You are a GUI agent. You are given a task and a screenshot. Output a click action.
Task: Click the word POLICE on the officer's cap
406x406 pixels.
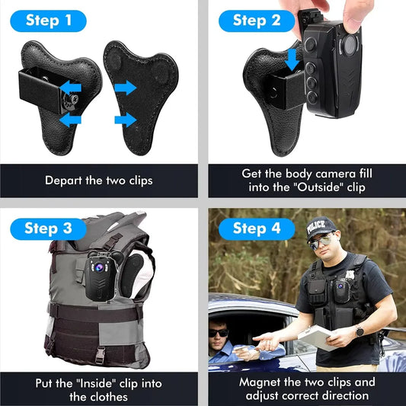[x=320, y=225]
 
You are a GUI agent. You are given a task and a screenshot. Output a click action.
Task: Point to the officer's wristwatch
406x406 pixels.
[x=359, y=331]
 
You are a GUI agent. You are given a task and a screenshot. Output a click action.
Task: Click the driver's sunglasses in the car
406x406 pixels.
[x=219, y=333]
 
